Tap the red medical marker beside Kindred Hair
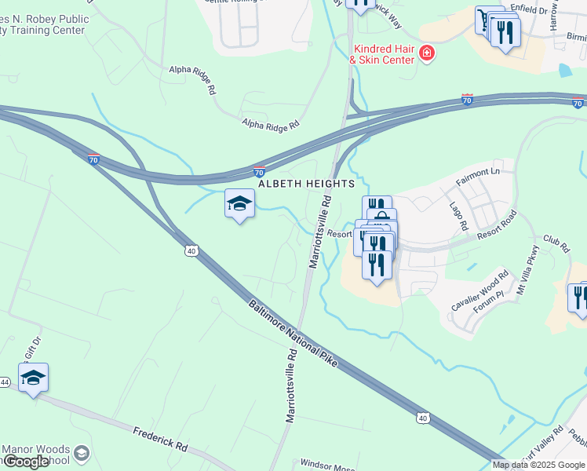point(427,53)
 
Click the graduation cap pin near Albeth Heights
point(240,204)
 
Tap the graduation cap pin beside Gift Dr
point(33,378)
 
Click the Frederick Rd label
point(160,438)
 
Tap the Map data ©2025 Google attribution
point(538,465)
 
